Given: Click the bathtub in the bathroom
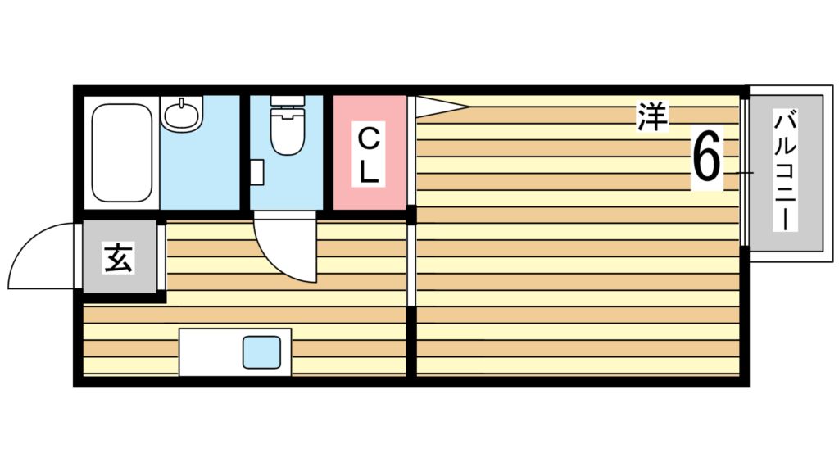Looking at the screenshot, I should coord(122,152).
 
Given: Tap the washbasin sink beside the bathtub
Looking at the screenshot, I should coord(182,114).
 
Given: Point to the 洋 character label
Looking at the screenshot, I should coord(651,117).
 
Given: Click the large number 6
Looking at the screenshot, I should coord(707,157).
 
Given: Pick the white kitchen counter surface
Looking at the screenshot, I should coord(209,352).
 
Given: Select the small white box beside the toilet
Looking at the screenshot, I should coord(256,172).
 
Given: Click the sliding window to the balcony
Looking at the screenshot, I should coord(744,173).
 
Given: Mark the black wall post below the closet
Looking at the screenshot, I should coord(411,216).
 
